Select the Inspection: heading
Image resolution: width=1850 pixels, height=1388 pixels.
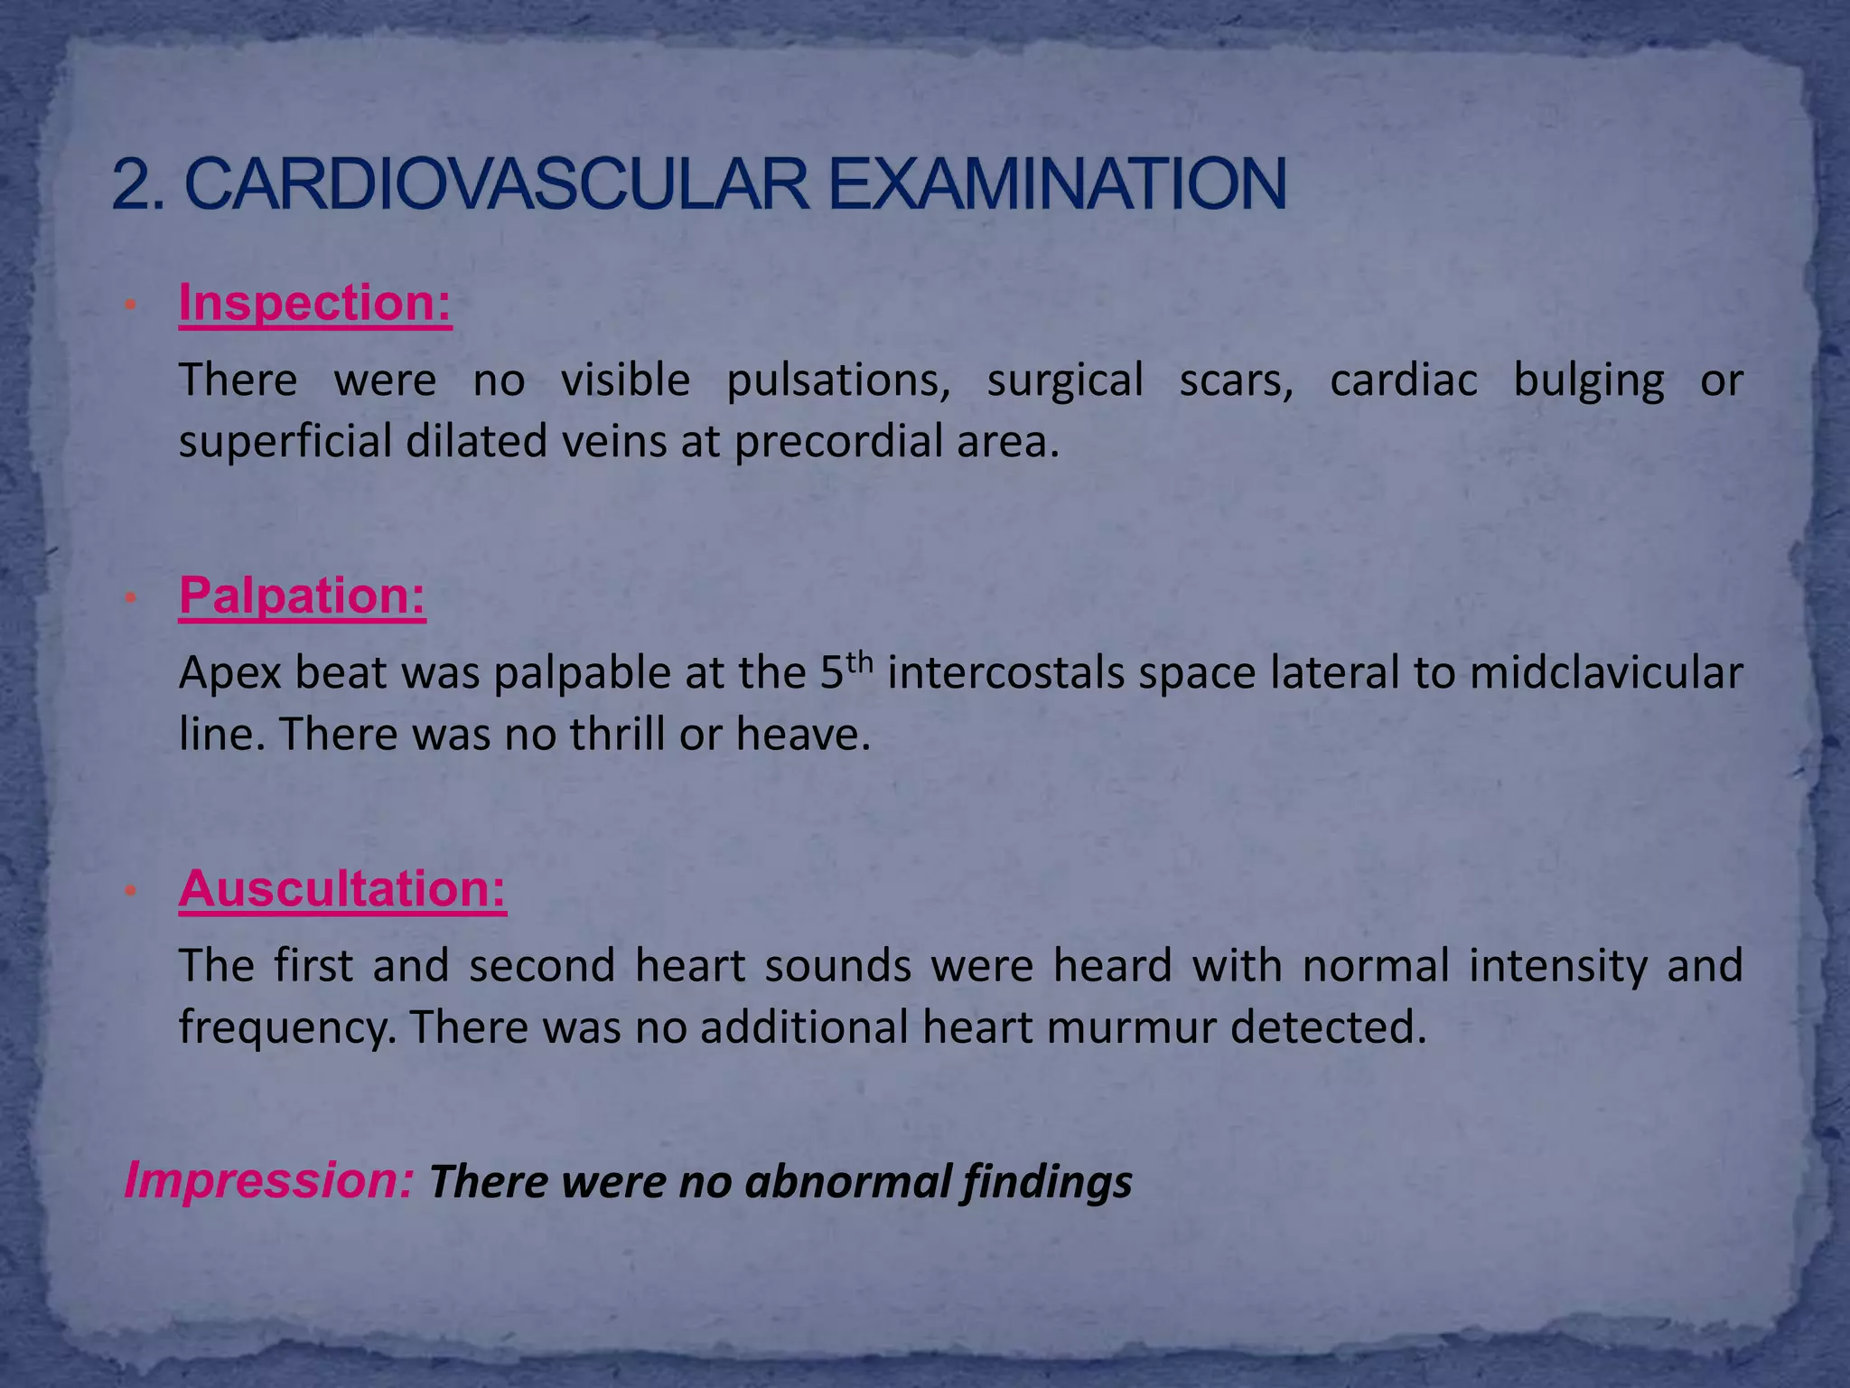coord(315,303)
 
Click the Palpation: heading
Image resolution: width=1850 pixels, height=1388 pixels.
coord(302,596)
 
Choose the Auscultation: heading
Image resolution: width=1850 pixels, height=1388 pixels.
coord(342,889)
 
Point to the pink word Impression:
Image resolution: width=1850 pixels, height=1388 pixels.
coord(269,1180)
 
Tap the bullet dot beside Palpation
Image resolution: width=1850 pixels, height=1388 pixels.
coord(130,598)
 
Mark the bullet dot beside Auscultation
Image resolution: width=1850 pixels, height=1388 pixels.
coord(130,891)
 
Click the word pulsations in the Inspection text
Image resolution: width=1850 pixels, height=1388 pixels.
coord(838,381)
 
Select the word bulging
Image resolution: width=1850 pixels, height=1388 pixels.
coord(1588,381)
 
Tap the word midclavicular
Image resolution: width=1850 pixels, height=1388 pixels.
coord(1605,673)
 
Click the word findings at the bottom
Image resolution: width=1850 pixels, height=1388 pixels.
coord(1047,1184)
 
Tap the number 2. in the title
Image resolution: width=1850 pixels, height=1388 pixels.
coord(138,185)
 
